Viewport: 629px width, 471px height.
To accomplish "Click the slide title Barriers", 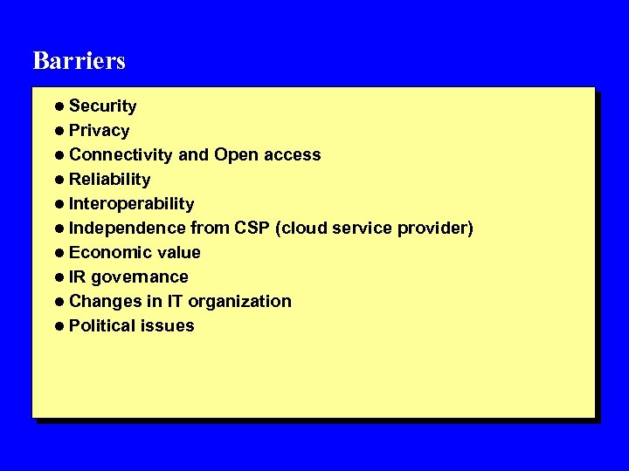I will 79,60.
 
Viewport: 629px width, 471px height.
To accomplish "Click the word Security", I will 102,106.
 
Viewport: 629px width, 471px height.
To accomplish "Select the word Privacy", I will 99,131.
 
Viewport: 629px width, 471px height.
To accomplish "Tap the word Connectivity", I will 121,155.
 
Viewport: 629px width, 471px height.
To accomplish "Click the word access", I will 292,155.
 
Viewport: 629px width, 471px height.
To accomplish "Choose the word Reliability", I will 109,180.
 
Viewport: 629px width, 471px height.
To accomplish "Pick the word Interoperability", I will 131,204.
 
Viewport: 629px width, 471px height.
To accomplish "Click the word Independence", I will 127,229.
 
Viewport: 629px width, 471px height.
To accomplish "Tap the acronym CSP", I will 253,229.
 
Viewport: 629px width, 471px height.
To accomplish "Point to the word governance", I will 140,277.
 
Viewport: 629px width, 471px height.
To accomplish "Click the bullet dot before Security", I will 57,106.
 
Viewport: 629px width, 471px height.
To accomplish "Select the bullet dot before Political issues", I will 57,326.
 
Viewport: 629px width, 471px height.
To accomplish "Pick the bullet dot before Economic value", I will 57,253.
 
